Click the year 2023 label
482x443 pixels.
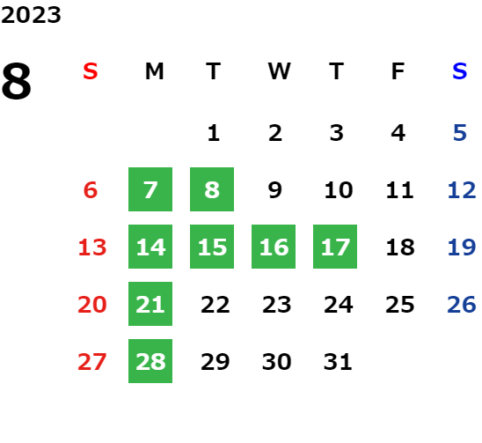pos(31,15)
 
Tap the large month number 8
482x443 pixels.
pos(17,81)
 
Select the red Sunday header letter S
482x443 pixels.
pos(91,71)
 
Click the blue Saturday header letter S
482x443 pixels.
pos(459,71)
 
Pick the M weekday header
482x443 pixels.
pos(154,71)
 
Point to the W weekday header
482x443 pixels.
pos(279,71)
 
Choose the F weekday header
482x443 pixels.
pos(398,71)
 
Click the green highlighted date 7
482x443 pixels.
pos(150,189)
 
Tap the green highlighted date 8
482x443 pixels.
pos(212,189)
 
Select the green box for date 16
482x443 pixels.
pos(274,247)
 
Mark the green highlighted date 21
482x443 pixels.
pos(150,304)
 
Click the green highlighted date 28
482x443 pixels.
pos(150,361)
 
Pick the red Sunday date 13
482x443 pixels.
pos(92,247)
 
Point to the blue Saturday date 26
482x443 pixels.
pos(462,305)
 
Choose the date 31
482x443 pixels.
pos(338,362)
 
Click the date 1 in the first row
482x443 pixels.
pos(214,133)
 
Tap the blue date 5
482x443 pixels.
pos(460,133)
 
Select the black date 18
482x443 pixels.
pos(400,247)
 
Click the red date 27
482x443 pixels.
pos(92,362)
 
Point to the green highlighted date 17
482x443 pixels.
pos(335,247)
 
